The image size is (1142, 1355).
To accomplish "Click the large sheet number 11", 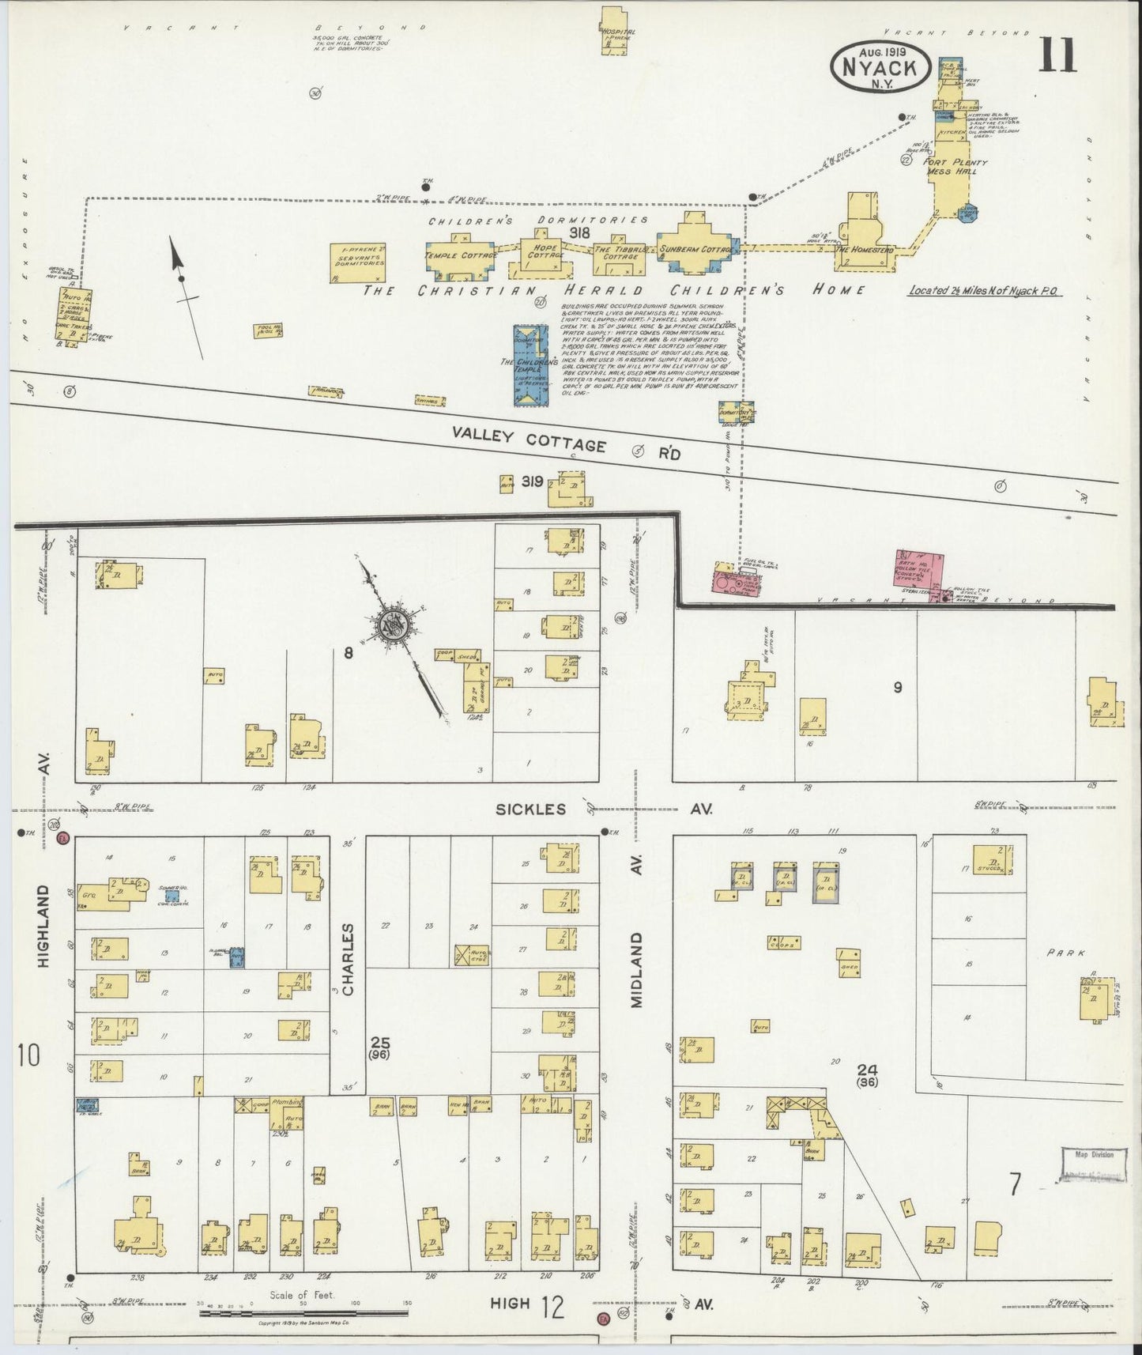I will (1057, 55).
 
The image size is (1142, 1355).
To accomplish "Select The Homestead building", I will (863, 233).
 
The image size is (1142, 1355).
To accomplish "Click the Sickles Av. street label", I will (605, 809).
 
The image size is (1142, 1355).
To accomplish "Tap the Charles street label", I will (349, 958).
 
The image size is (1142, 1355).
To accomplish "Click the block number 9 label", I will (897, 687).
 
